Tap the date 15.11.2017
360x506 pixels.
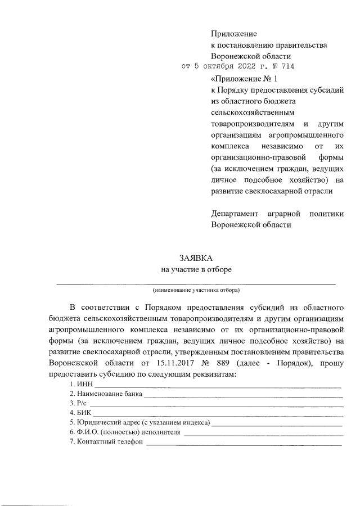coord(172,364)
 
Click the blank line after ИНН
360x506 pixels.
coord(217,386)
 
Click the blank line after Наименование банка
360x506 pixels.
coord(243,396)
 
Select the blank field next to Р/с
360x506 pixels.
coord(217,406)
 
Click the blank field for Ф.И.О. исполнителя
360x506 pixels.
coord(263,434)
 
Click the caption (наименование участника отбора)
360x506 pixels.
coord(196,291)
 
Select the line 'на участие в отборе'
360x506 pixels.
coord(196,269)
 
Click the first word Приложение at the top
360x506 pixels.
coord(233,35)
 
